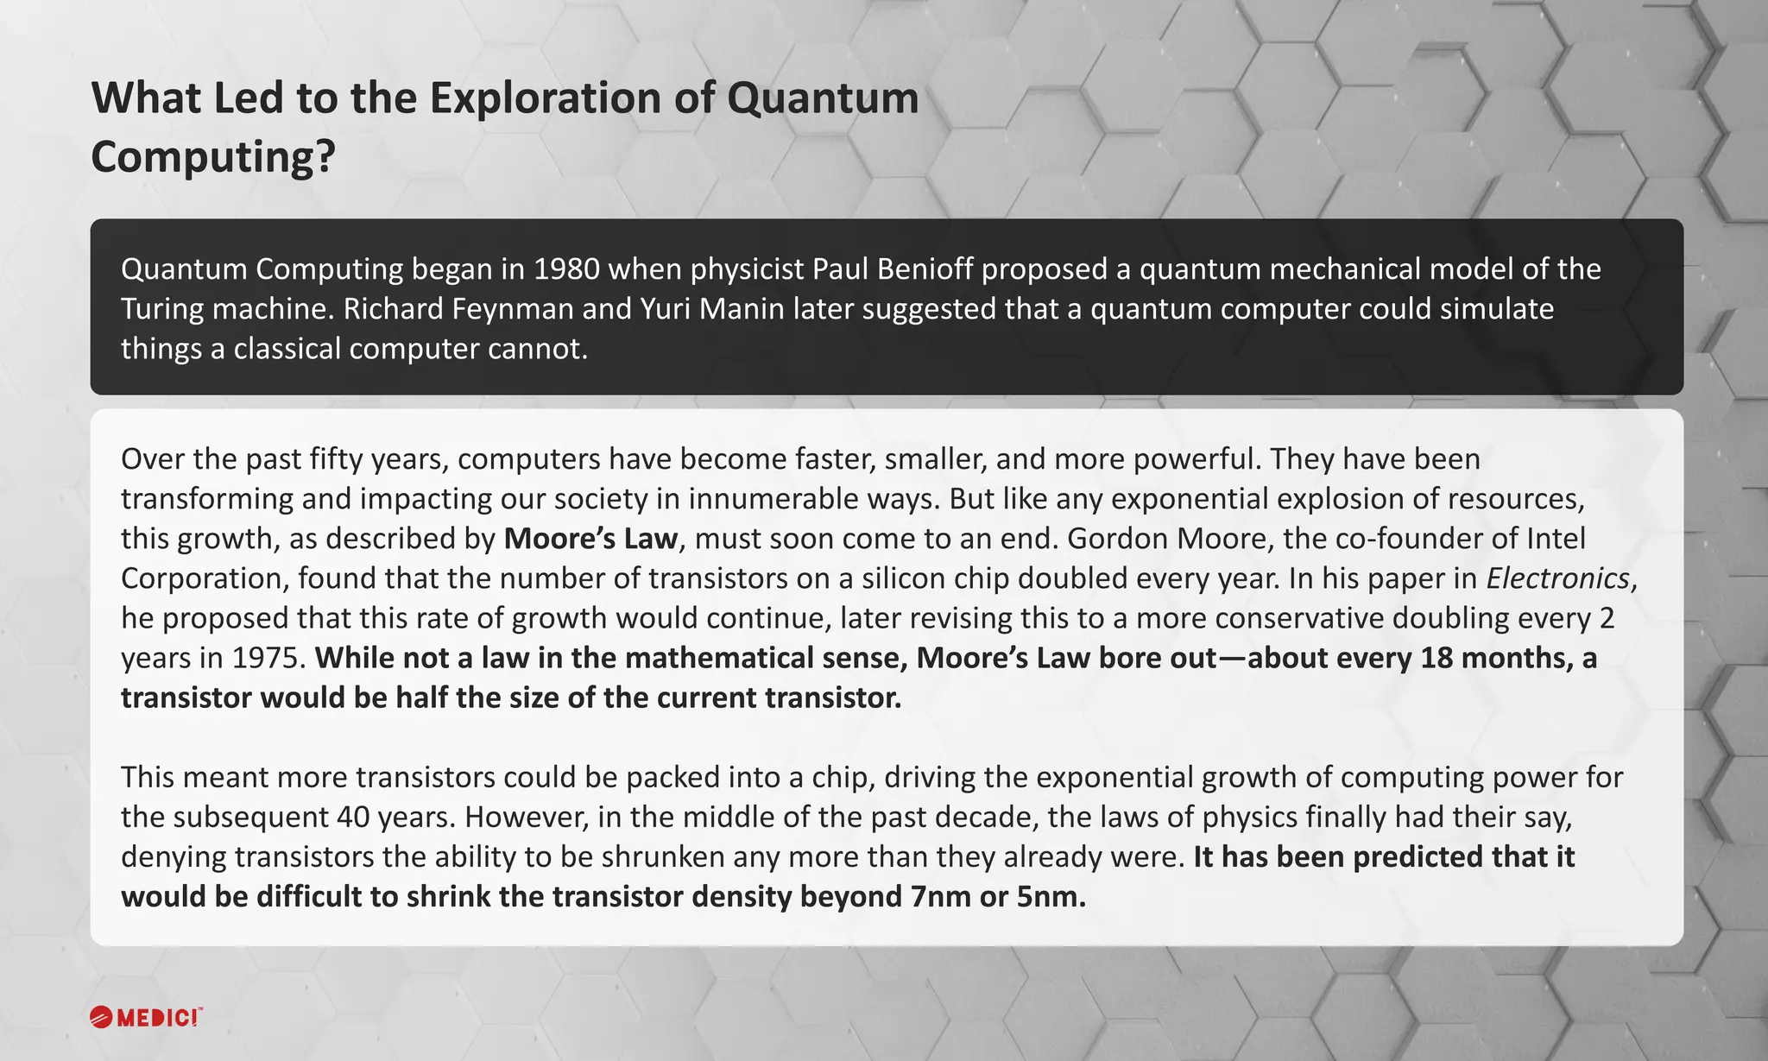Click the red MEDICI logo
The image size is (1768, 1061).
pos(146,1017)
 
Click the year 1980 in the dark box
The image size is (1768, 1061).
pos(566,269)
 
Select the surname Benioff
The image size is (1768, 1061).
pos(925,269)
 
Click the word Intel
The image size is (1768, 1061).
pos(1556,539)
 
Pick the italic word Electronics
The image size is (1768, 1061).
pos(1557,578)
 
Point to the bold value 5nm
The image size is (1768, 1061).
pos(1046,897)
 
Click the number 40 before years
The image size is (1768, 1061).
pos(355,818)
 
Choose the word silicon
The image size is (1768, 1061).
pos(891,578)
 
